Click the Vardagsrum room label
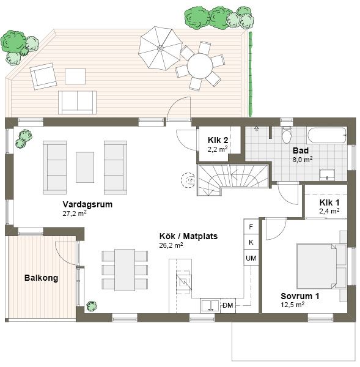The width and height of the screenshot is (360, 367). [87, 204]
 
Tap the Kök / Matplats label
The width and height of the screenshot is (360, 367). [188, 236]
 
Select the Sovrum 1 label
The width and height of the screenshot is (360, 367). [299, 296]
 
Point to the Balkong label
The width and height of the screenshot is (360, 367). [41, 278]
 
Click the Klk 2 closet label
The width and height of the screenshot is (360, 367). [218, 140]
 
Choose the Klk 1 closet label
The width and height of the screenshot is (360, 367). [329, 202]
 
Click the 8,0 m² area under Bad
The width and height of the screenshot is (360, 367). [303, 160]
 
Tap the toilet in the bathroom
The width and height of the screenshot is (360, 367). [286, 135]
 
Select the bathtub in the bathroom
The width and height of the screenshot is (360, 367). [327, 135]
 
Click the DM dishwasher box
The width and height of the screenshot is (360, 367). [228, 305]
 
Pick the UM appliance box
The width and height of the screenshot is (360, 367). [251, 258]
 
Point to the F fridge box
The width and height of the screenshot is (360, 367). [251, 226]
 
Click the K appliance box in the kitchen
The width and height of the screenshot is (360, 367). [251, 242]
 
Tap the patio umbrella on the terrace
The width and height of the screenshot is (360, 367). [160, 48]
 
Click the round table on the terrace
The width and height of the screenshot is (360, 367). [199, 66]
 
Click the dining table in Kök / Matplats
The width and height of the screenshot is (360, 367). [125, 270]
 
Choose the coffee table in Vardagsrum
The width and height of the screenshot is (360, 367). [85, 167]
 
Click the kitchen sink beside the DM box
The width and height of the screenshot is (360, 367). [210, 305]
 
